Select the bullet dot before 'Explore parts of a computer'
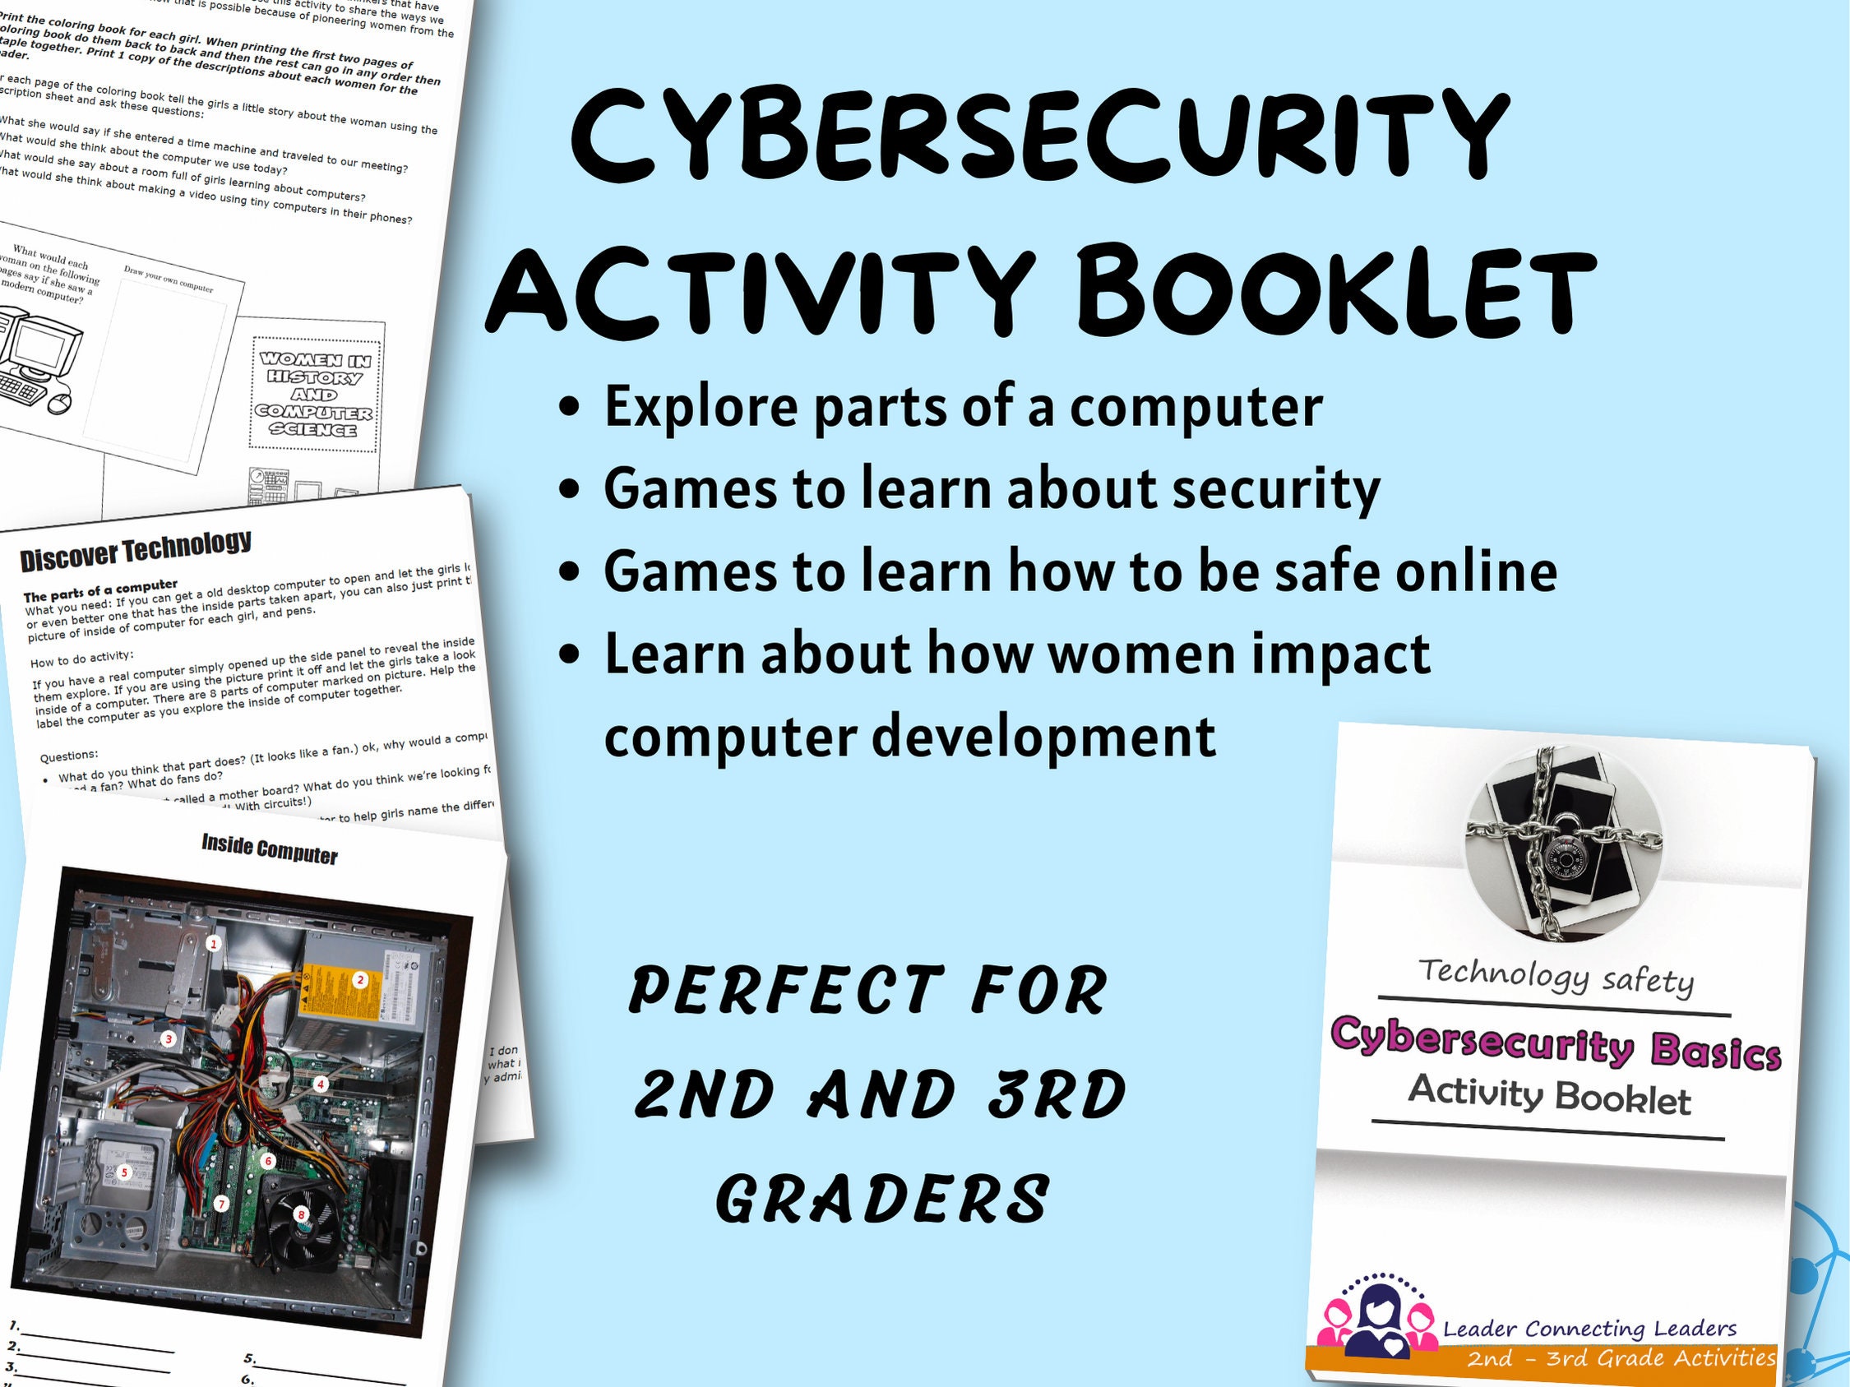coord(570,407)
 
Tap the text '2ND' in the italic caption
coord(703,1094)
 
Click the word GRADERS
coord(883,1199)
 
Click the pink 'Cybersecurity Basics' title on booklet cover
coord(1555,1044)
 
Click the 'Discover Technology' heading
coord(136,551)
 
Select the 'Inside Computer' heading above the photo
coord(270,849)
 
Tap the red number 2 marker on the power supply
coord(360,980)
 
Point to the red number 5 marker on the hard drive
coord(126,1172)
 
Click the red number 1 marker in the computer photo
coord(214,944)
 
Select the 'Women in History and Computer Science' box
coord(314,394)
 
